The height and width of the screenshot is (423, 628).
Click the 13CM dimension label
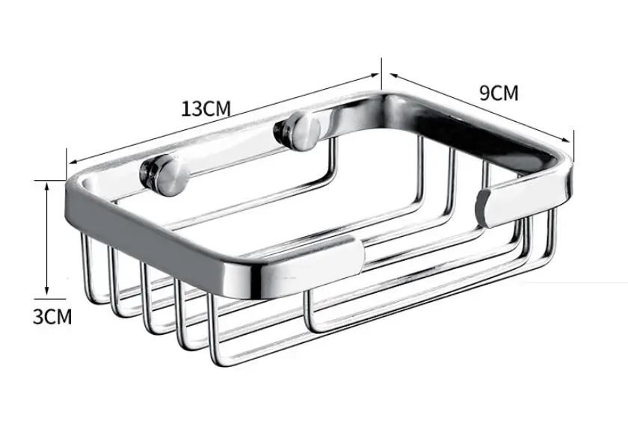pyautogui.click(x=206, y=108)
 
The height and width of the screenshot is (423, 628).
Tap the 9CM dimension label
pyautogui.click(x=499, y=93)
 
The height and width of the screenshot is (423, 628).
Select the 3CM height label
pyautogui.click(x=52, y=316)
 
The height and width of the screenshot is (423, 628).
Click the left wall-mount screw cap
pyautogui.click(x=164, y=176)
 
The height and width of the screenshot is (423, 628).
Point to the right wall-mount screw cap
pyautogui.click(x=298, y=131)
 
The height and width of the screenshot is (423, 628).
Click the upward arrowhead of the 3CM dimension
pyautogui.click(x=47, y=185)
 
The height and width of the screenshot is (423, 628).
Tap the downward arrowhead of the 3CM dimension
pyautogui.click(x=47, y=291)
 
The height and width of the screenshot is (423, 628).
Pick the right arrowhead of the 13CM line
pyautogui.click(x=374, y=75)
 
